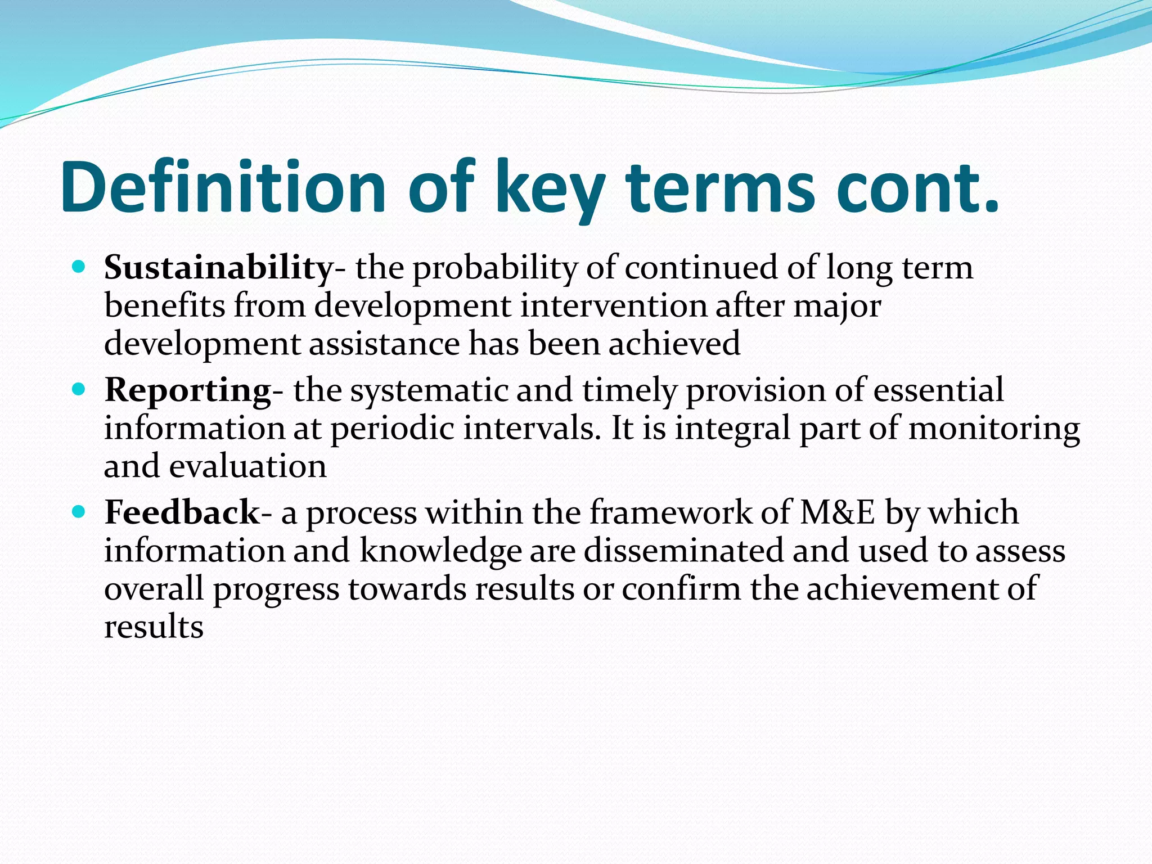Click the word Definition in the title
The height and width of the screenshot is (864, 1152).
point(223,187)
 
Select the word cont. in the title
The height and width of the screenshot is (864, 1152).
point(917,187)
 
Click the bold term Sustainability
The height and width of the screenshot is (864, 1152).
point(218,268)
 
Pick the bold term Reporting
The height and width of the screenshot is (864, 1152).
point(188,390)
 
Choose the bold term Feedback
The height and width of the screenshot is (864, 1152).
point(182,512)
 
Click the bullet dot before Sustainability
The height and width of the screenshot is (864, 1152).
point(79,266)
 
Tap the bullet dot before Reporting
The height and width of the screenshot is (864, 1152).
point(79,389)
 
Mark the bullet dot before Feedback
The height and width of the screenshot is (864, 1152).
point(79,511)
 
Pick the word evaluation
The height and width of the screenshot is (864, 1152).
point(247,466)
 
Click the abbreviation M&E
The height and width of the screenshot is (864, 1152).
point(838,512)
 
